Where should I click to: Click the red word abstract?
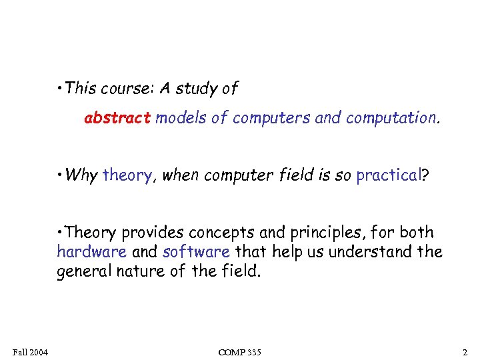click(117, 119)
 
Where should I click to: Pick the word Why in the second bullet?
click(82, 175)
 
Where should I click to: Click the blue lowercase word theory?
click(127, 176)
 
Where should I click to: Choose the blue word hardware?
click(92, 252)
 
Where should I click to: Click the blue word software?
click(196, 252)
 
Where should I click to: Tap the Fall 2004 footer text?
click(29, 351)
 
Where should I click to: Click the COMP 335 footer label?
click(239, 351)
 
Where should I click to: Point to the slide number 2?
click(465, 351)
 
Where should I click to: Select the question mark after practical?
click(425, 175)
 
